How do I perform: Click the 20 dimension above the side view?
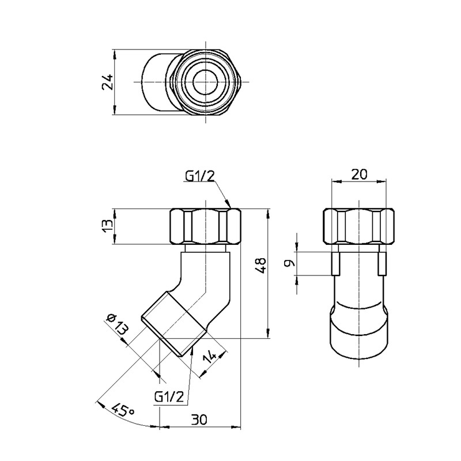point(358,173)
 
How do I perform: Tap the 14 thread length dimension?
point(211,360)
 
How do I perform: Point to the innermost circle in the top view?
point(206,82)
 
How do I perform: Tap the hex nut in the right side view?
point(358,227)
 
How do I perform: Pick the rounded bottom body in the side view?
point(358,331)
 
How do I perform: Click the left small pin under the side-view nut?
point(334,263)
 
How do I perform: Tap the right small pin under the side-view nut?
point(382,263)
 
